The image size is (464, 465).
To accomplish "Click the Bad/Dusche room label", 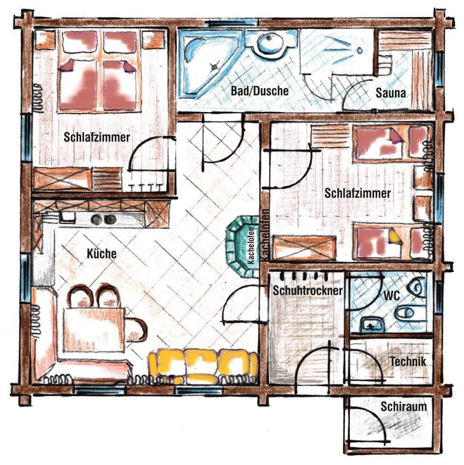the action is (260, 91).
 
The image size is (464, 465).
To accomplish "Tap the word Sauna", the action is (391, 93).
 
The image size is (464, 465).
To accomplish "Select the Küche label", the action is (101, 254).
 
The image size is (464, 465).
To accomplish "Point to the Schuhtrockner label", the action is (308, 290).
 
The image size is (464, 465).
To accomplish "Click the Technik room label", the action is (408, 361).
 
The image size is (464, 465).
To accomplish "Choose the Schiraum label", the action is (404, 407).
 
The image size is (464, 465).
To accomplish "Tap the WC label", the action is (391, 295).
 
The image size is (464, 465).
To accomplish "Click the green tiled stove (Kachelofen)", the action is (242, 246).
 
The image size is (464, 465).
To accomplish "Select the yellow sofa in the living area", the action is (203, 366).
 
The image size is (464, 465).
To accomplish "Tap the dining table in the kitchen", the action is (94, 330).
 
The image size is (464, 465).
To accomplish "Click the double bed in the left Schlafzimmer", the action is (99, 70).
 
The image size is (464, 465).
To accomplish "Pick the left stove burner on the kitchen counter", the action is (96, 219).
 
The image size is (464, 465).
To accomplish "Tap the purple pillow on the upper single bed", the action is (396, 137).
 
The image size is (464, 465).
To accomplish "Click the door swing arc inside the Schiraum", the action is (374, 419).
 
